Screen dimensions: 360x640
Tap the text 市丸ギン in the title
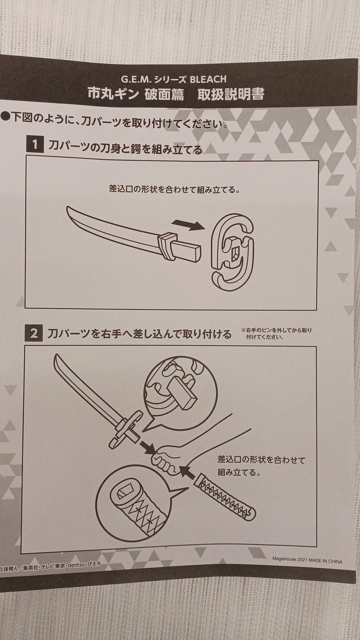113,93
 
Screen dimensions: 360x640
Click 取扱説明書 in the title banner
230,94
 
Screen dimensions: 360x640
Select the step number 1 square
35,144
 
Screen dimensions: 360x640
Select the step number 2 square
33,333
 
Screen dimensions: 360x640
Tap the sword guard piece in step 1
232,252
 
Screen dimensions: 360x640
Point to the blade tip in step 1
67,207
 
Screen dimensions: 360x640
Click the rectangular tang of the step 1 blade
188,249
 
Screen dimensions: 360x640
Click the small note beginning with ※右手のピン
276,333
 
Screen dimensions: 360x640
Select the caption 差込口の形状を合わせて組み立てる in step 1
174,189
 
